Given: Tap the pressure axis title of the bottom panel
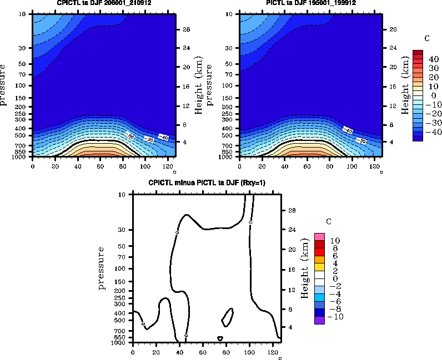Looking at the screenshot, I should coord(102,268).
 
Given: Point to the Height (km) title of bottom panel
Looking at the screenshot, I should coord(304,268).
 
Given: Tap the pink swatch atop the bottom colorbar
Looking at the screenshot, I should coord(319,237).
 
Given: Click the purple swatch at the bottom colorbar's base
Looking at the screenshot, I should coord(319,320).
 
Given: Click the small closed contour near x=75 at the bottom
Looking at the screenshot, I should coord(220,338).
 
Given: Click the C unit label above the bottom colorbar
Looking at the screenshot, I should coord(329,222).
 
